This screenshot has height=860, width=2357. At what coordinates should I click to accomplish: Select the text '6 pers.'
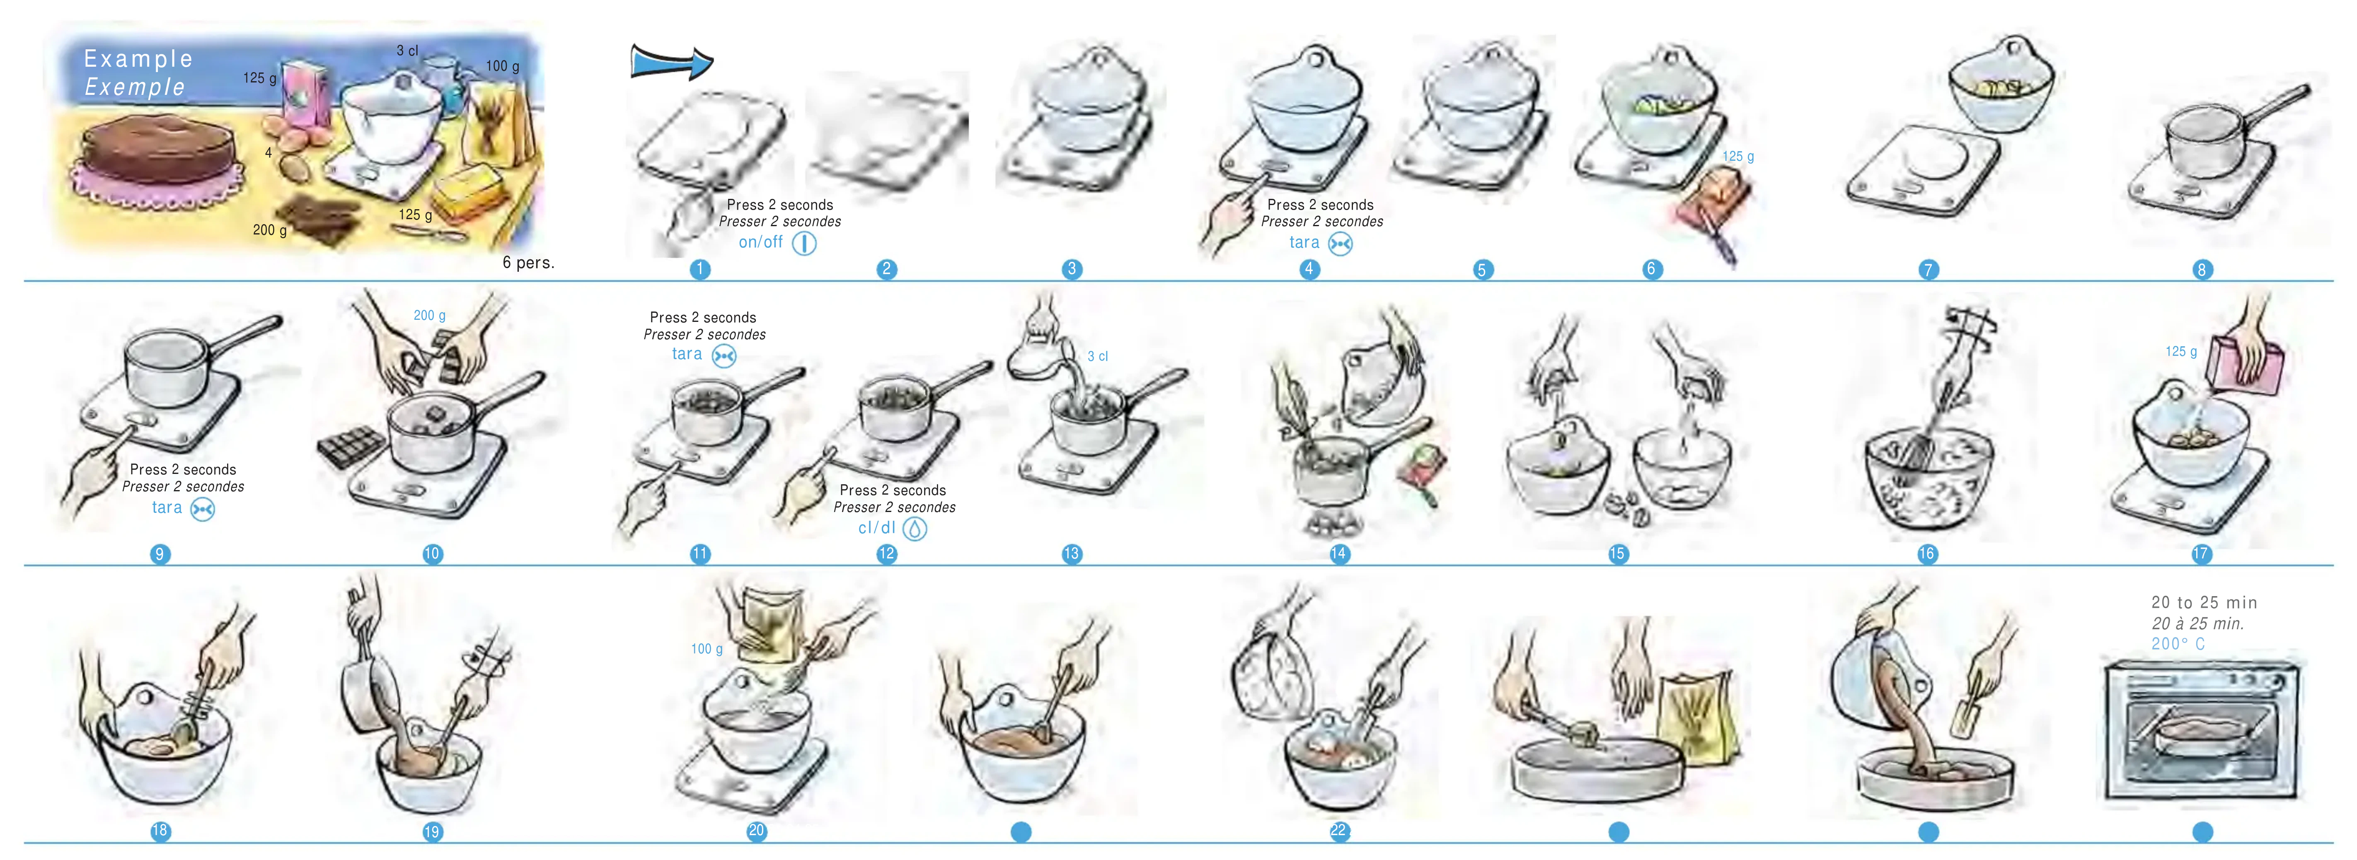click(x=528, y=263)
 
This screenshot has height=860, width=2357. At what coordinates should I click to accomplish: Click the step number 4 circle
click(x=1309, y=269)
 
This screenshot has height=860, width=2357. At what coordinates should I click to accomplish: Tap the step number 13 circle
click(x=1072, y=553)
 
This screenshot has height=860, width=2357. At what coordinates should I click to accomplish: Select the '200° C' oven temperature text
click(x=2178, y=644)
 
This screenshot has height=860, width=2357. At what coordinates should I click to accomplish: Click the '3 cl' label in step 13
click(x=1097, y=356)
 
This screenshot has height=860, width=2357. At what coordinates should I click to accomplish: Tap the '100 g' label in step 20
click(x=707, y=649)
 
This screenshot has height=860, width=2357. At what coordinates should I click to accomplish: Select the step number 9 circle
click(x=160, y=553)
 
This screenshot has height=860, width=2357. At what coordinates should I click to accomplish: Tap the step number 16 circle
click(x=1927, y=553)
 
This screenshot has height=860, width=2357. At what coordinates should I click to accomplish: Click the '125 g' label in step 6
click(x=1738, y=157)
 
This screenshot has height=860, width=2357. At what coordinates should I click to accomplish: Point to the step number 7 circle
click(x=1928, y=269)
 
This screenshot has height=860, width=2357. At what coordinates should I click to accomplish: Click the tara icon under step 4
click(x=1341, y=243)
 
